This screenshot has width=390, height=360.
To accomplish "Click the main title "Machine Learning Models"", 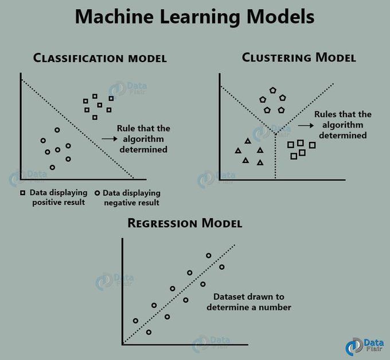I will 195,17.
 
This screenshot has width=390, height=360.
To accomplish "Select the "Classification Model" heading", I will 100,58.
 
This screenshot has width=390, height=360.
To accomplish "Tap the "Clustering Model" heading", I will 298,57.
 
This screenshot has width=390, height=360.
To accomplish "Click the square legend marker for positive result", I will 23,193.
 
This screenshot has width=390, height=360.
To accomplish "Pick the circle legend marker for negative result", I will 97,193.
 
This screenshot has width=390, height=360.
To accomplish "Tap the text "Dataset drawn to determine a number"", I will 252,302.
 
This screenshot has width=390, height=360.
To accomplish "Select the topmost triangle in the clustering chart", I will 247,141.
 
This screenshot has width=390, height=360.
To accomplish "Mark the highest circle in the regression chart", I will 209,256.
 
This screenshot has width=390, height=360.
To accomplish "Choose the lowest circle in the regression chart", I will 149,332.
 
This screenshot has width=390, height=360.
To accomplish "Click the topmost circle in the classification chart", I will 57,130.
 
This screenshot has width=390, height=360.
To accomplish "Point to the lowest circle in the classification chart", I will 52,167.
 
